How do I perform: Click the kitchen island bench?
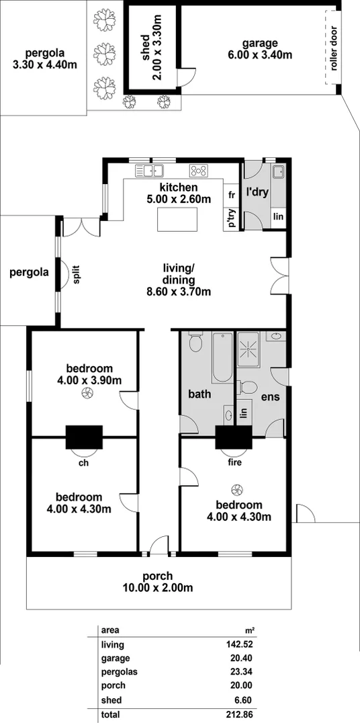(178, 219)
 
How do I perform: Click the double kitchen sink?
(150, 170)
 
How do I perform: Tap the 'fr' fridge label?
(231, 195)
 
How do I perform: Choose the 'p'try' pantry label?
(231, 218)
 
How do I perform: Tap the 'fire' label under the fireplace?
(233, 462)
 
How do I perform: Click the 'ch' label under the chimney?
(84, 463)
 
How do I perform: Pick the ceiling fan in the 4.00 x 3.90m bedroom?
(85, 395)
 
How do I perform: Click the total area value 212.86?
(241, 714)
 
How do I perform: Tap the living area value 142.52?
(241, 644)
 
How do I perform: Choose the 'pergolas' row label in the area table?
(118, 672)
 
